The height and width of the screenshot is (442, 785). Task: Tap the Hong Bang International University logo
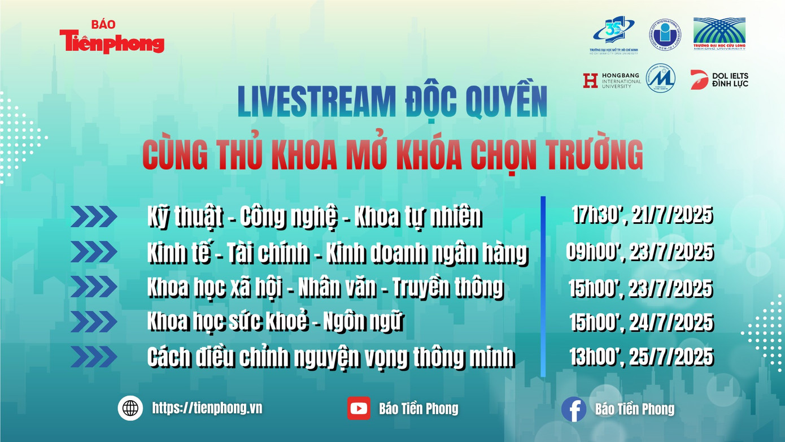point(612,80)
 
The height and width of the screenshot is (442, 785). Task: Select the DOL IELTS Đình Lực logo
point(719,80)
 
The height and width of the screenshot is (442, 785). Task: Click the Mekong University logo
point(719,33)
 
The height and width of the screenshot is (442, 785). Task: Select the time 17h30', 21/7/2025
point(642,215)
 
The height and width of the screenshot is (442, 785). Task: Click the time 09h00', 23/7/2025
point(639,252)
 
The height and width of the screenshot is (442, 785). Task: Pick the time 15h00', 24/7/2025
point(640,323)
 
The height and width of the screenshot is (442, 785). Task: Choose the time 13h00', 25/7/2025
point(641,357)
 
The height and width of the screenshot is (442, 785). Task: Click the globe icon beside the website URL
point(130,408)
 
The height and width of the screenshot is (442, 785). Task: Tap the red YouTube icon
point(359,408)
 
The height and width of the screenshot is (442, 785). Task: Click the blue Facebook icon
point(573,409)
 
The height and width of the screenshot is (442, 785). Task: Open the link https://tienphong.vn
point(207,408)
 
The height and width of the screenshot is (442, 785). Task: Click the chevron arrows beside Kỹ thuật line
point(94,216)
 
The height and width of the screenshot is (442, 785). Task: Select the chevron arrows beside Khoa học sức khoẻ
point(94,322)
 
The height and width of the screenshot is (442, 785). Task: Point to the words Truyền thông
point(447,288)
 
